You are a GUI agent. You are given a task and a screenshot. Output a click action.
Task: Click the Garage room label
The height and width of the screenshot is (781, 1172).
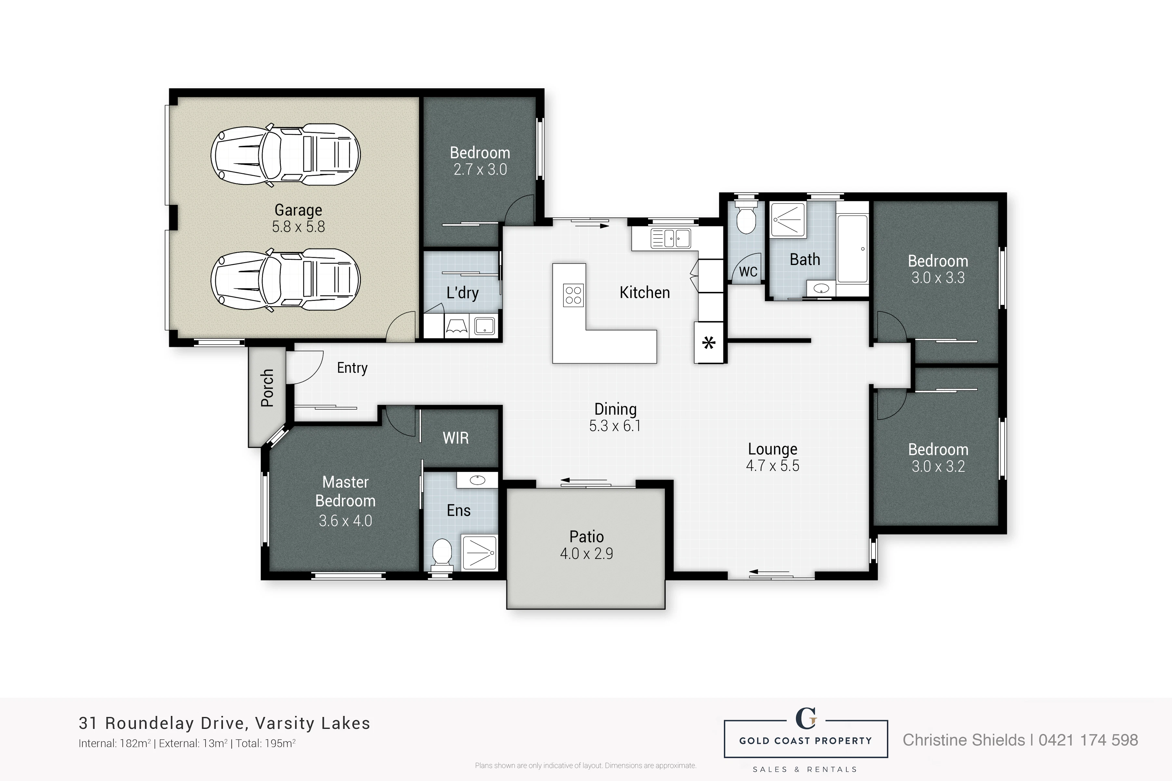pos(298,210)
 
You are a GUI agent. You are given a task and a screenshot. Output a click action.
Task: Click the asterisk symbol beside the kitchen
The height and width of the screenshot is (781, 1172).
pos(709,343)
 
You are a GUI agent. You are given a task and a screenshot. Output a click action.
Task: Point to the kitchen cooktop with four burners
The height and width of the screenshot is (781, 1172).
pos(573,294)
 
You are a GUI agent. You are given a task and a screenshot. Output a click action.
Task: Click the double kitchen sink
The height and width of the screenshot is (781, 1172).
pos(671,239)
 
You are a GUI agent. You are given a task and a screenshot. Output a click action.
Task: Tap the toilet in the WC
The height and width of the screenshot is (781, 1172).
pos(745,218)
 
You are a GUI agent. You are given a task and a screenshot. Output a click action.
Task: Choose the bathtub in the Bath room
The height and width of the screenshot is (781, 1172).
pos(853,248)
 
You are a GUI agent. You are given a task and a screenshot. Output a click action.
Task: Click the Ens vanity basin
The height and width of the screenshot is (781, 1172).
pos(477,480)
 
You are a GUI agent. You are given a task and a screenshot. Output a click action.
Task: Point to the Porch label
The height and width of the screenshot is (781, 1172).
pos(267,388)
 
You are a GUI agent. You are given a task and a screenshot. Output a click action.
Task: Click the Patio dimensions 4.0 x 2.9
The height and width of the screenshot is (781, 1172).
pos(586,553)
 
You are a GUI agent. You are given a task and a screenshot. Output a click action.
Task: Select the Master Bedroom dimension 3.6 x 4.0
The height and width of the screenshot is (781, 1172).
pos(345,521)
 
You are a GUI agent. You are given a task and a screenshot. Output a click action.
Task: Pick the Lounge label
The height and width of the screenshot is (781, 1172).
pos(772,449)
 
